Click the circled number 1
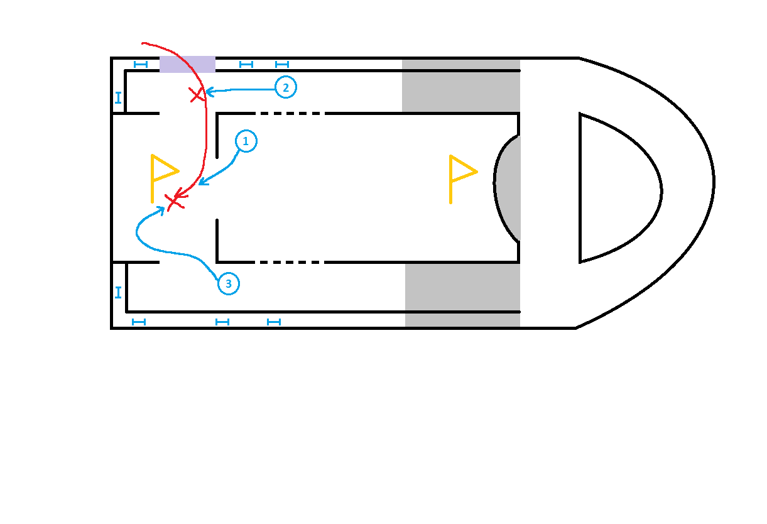click(x=246, y=142)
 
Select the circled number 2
click(x=285, y=87)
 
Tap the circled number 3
click(x=229, y=284)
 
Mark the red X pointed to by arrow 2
click(x=197, y=95)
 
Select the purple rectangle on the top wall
click(x=187, y=64)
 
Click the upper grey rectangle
click(x=461, y=85)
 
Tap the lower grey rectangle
click(x=462, y=295)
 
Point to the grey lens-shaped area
click(x=508, y=187)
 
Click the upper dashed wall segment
click(x=289, y=114)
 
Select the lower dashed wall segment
click(x=289, y=262)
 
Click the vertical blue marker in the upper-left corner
click(x=118, y=97)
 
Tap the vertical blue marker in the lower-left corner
click(x=118, y=292)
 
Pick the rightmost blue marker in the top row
click(x=282, y=64)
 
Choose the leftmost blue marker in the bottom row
click(x=139, y=322)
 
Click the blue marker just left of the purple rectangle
click(x=141, y=64)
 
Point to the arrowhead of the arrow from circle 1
click(x=200, y=183)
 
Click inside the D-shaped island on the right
click(x=616, y=188)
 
